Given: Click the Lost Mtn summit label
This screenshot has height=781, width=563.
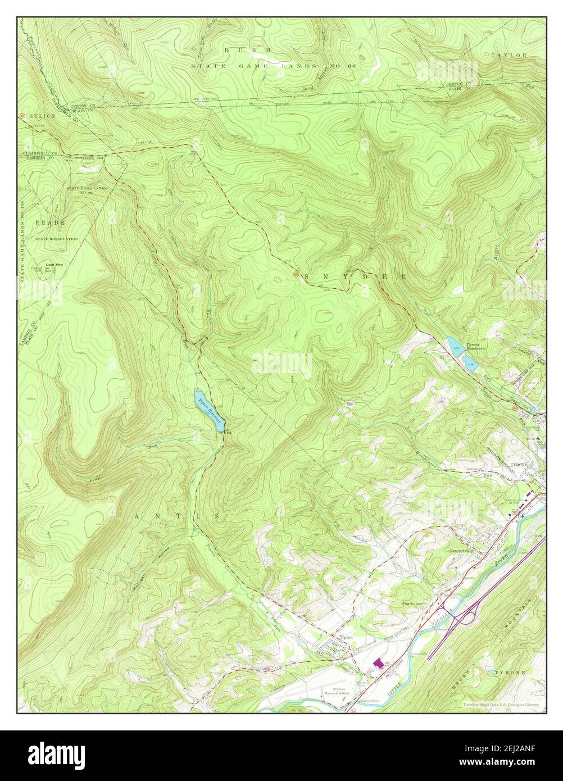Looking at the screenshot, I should pyautogui.click(x=55, y=264).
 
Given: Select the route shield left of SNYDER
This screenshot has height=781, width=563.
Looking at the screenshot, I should pyautogui.click(x=296, y=274).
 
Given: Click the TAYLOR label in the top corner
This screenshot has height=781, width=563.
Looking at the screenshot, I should pyautogui.click(x=508, y=56).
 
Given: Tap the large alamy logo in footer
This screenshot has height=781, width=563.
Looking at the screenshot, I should pyautogui.click(x=57, y=753).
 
